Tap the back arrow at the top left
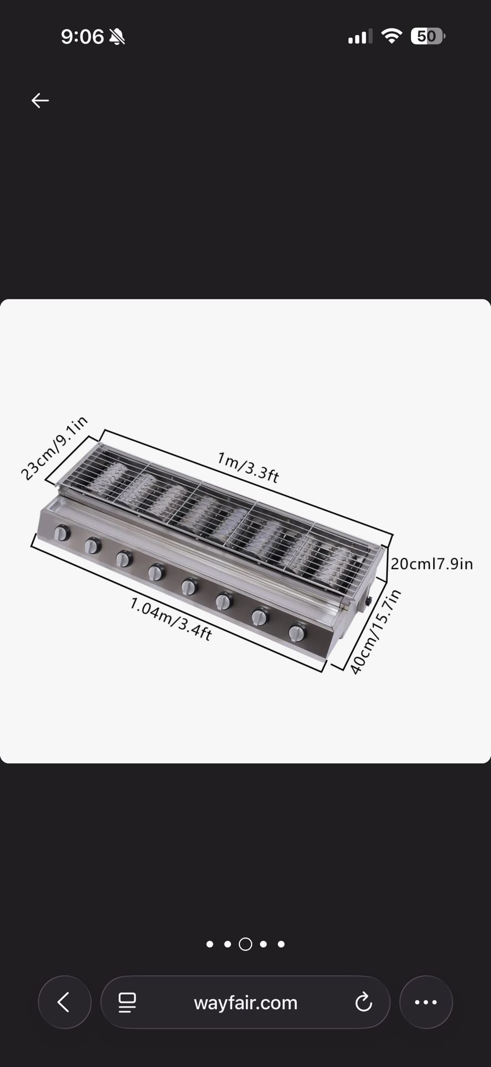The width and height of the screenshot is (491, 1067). pos(40,101)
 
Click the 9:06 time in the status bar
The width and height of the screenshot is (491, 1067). pos(82,37)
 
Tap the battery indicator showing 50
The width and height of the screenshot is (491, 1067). pos(427,37)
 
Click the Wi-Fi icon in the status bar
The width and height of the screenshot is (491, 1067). pos(392,37)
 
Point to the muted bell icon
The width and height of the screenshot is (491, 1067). pos(117,37)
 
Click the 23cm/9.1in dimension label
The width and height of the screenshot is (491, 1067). pos(54,448)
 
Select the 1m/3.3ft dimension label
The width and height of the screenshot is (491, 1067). pos(248,467)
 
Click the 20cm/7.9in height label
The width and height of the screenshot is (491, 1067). pos(432,564)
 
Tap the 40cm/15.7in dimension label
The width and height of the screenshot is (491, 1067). pos(375,632)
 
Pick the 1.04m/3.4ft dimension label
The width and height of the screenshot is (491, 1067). pos(171,619)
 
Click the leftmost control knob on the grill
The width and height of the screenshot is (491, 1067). pos(62,533)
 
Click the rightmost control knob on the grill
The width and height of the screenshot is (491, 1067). pos(297,633)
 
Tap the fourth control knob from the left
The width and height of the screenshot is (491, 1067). pos(157,572)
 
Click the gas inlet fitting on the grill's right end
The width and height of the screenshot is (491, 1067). pos(368,602)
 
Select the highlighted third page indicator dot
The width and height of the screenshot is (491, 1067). pos(245,944)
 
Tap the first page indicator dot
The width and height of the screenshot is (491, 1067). pos(209,944)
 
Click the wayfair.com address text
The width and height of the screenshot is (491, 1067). pos(245,1003)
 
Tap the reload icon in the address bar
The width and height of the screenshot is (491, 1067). pos(363,1003)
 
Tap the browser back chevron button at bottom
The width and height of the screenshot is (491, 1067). pos(64,1003)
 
